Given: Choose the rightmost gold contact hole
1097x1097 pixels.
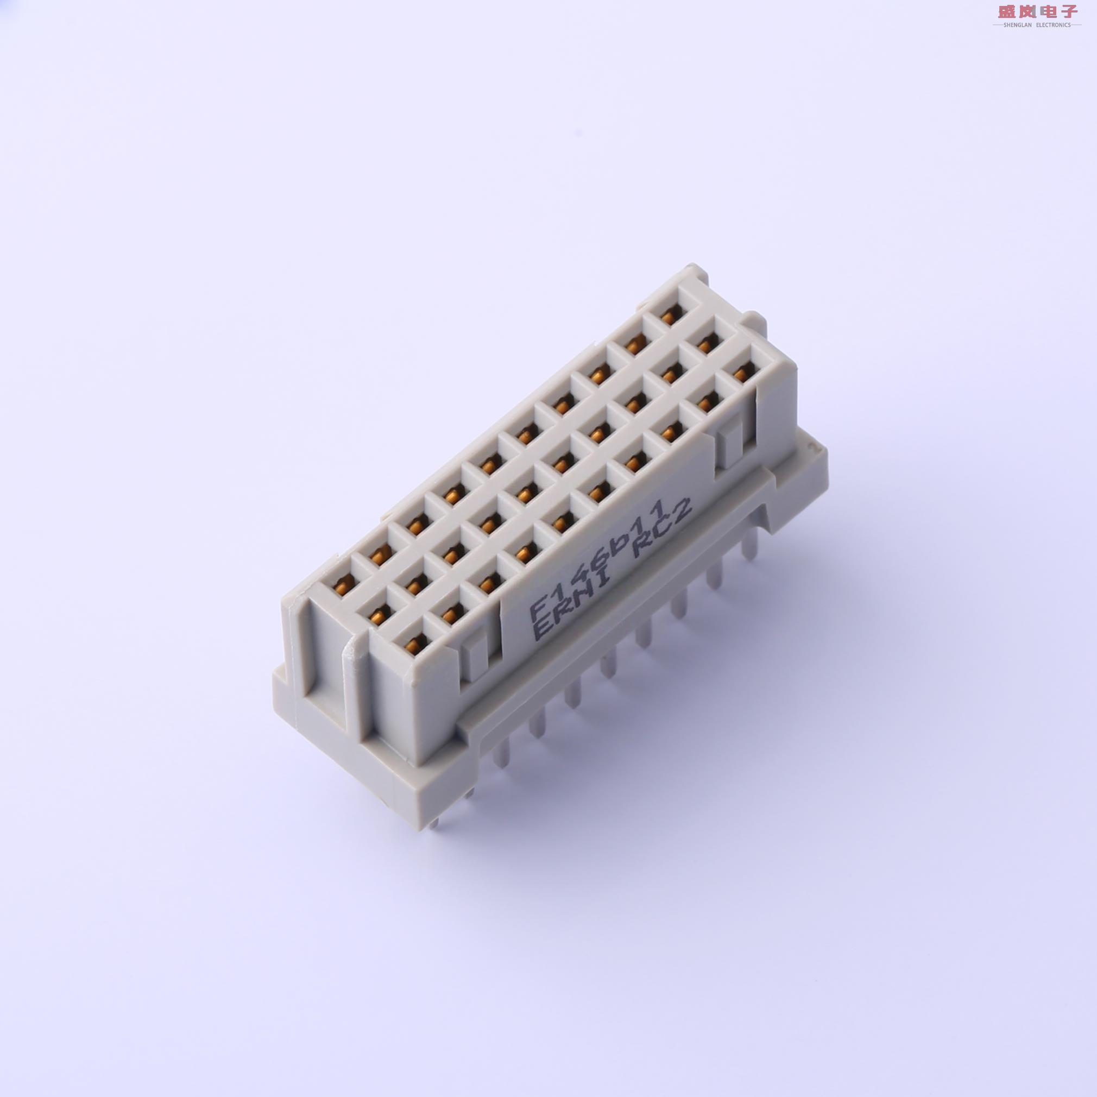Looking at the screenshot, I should (x=739, y=372).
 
